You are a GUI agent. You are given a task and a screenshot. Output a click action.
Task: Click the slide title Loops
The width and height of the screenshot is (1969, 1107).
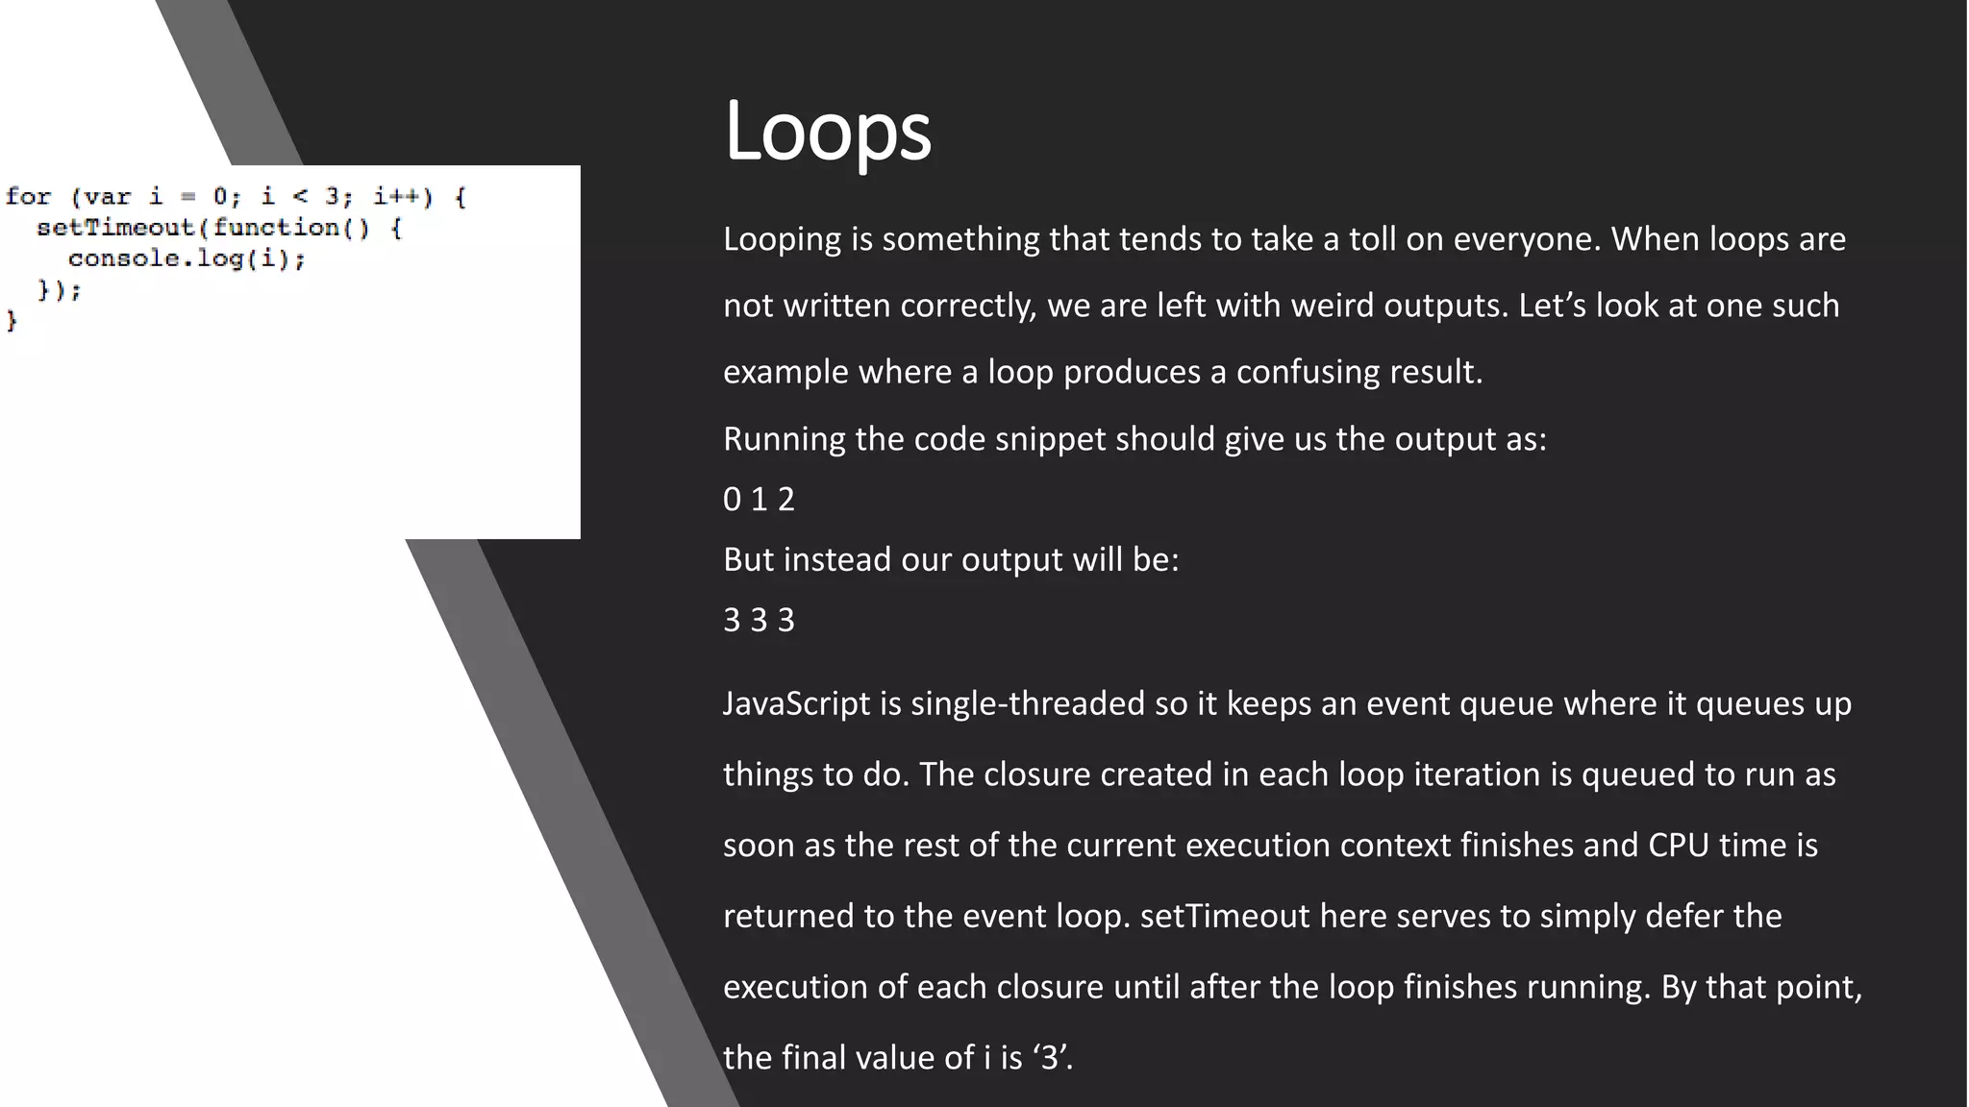coord(827,131)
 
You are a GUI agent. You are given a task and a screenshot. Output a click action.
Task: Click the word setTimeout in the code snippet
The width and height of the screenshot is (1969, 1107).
coord(115,228)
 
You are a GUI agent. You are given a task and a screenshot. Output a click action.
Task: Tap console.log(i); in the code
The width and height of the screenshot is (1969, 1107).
coord(187,258)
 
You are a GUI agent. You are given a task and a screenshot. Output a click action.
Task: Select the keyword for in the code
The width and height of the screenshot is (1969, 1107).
coord(28,197)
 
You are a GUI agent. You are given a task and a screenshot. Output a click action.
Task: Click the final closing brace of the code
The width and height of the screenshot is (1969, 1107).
coord(12,320)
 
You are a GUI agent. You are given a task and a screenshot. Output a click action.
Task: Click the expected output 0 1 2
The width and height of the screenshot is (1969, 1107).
coord(759,499)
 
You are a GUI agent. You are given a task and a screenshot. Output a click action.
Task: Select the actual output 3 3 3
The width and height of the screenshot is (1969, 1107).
coord(759,620)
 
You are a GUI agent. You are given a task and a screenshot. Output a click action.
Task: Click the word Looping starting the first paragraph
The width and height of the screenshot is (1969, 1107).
coord(782,239)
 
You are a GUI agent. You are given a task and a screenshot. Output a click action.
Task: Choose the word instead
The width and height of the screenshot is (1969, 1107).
coord(836,559)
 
